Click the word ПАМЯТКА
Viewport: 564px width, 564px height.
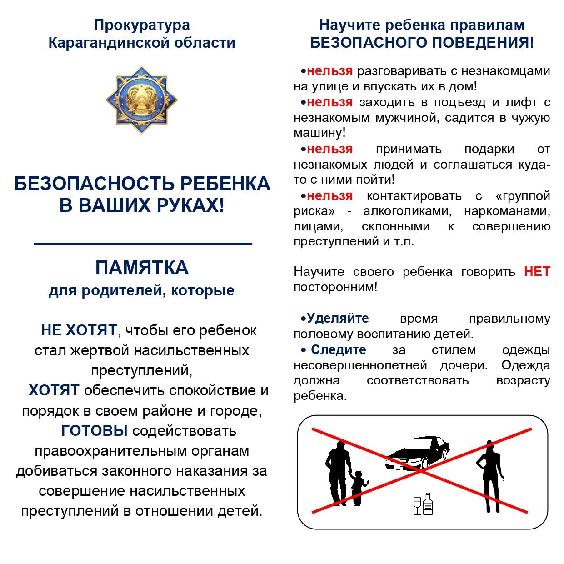click(142, 268)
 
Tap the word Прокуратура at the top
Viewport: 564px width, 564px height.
click(142, 25)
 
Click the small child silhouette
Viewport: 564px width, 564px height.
click(359, 487)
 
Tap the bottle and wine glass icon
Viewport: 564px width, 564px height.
click(423, 504)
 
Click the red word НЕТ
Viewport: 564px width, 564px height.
click(537, 272)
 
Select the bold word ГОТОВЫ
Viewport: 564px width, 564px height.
click(94, 430)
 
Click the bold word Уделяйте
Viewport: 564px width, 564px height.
click(338, 318)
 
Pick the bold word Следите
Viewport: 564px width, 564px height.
click(338, 349)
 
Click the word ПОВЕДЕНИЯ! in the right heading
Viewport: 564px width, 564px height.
click(483, 43)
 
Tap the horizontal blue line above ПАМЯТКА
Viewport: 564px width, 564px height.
click(143, 244)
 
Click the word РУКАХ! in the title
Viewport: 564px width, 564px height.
click(190, 205)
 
